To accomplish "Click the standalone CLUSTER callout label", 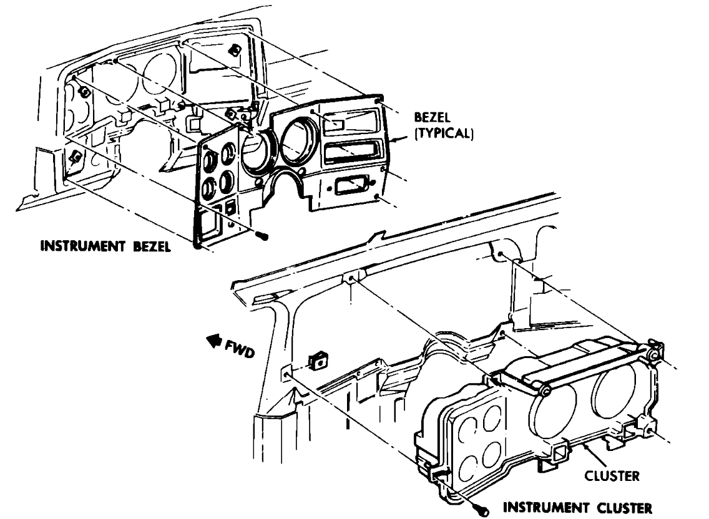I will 612,476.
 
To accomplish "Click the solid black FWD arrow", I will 213,340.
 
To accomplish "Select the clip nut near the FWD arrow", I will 318,360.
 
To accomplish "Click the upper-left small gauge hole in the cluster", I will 467,429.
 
